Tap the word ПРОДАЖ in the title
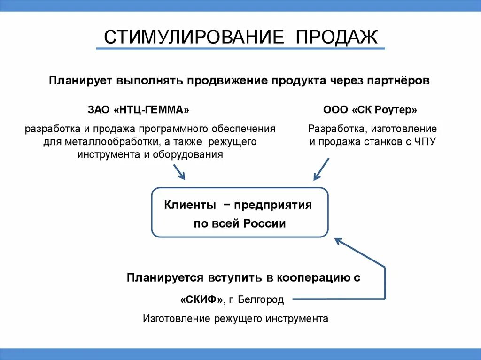click(x=337, y=37)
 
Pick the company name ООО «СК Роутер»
click(x=370, y=110)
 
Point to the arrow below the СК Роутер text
click(x=321, y=169)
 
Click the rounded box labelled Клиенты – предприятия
click(x=240, y=213)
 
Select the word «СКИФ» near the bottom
click(x=201, y=299)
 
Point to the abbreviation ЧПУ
click(x=425, y=142)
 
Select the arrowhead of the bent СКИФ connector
click(x=338, y=241)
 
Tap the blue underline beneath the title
click(x=240, y=48)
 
